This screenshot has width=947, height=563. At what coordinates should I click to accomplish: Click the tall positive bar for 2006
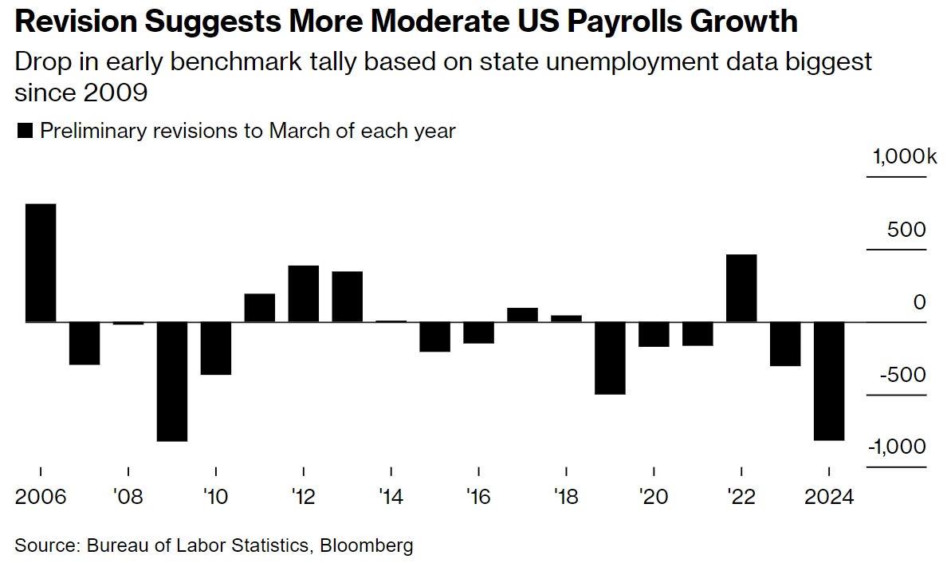41,263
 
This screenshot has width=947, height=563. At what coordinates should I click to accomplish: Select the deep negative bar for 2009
172,381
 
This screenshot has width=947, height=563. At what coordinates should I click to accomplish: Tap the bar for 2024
830,380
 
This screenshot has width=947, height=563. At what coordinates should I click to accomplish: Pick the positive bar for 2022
742,288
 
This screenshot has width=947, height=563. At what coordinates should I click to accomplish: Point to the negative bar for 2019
610,358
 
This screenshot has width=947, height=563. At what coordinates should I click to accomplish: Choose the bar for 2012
304,293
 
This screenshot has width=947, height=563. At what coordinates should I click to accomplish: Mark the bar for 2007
84,343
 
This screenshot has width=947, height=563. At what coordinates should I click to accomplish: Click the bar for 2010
216,348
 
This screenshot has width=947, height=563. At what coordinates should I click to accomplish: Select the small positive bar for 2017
522,315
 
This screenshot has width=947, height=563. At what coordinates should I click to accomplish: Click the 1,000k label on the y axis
904,158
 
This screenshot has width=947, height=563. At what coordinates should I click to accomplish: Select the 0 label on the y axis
919,303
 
